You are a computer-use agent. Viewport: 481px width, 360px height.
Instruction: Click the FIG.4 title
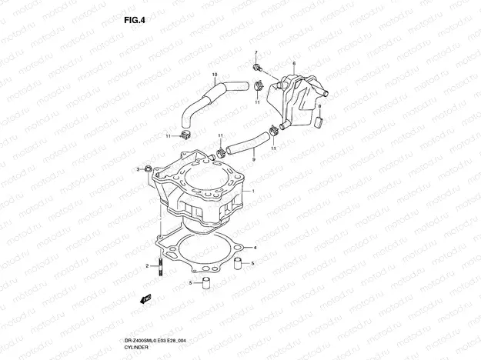tap(134, 21)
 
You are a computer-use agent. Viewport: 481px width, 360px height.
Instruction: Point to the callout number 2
tap(146, 265)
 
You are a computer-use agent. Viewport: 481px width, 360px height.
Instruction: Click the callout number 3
tap(139, 168)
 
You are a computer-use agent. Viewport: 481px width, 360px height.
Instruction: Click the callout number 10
tap(215, 74)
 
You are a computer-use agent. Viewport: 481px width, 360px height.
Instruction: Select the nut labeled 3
tap(148, 168)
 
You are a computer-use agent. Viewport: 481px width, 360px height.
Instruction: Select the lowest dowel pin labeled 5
tap(206, 283)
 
